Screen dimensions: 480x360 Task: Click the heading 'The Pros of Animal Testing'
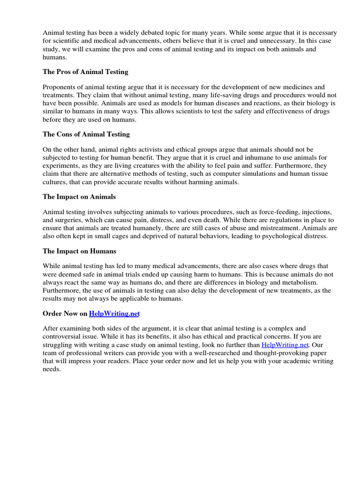[85, 72]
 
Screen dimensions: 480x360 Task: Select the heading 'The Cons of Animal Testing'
[86, 134]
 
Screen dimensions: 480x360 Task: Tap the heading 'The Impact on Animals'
[79, 196]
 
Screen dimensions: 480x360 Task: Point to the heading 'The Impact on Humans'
[79, 251]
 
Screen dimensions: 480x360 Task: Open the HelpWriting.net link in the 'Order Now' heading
[114, 313]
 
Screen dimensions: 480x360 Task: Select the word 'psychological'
[273, 236]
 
